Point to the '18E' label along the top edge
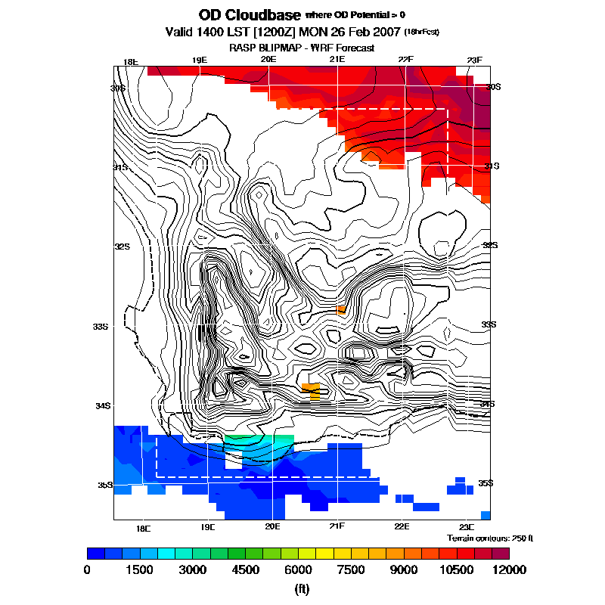[131, 61]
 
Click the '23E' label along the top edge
[474, 60]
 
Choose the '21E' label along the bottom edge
[337, 526]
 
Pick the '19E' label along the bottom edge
[208, 526]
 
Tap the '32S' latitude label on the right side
[491, 246]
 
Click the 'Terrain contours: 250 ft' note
[490, 538]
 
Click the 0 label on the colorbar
[87, 569]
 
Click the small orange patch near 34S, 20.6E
[312, 390]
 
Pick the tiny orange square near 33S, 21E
[341, 309]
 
